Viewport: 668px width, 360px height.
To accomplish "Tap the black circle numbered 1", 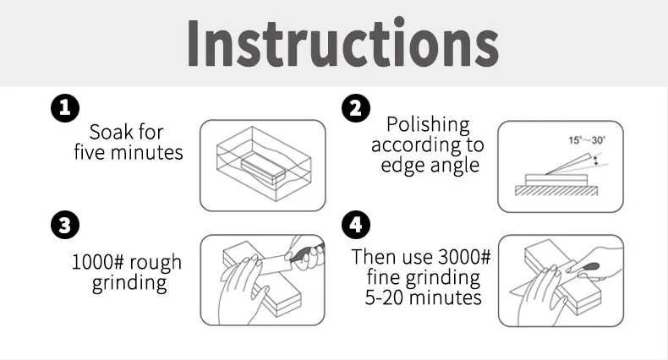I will click(64, 108).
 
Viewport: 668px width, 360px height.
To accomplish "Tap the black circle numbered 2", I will click(354, 108).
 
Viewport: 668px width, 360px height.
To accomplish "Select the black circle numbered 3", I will click(64, 226).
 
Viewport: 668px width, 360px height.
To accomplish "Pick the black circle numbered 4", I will click(354, 226).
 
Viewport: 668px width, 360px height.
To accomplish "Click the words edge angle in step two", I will click(429, 165).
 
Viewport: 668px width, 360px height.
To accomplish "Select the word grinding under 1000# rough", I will click(129, 283).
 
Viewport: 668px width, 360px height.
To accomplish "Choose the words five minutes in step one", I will click(128, 153).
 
